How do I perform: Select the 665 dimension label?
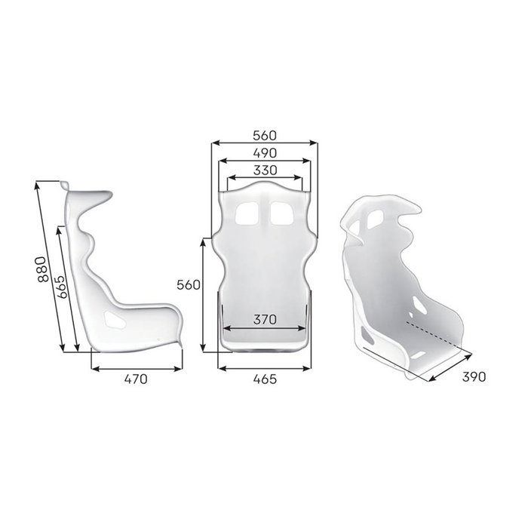pos(62,285)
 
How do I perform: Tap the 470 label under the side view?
pos(136,379)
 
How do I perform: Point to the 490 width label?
pos(264,153)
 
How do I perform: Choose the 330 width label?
pos(264,170)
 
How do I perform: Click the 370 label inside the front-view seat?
pos(264,319)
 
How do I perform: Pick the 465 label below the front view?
pos(264,379)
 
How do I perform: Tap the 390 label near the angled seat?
pos(474,376)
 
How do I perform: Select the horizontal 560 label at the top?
pos(264,135)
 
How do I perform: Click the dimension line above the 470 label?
pos(136,369)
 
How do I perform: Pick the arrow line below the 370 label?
pos(264,328)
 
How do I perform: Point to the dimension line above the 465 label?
pos(264,369)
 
